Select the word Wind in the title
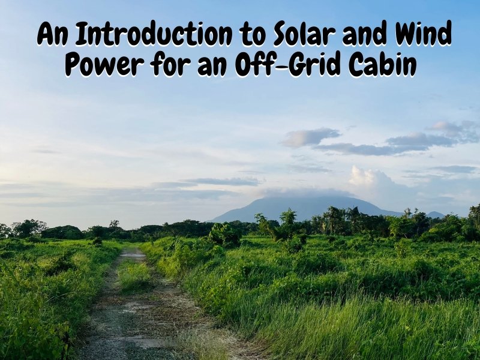coord(422,34)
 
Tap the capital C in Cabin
coord(361,64)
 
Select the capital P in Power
coord(74,64)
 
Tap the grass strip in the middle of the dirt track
coord(133,276)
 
